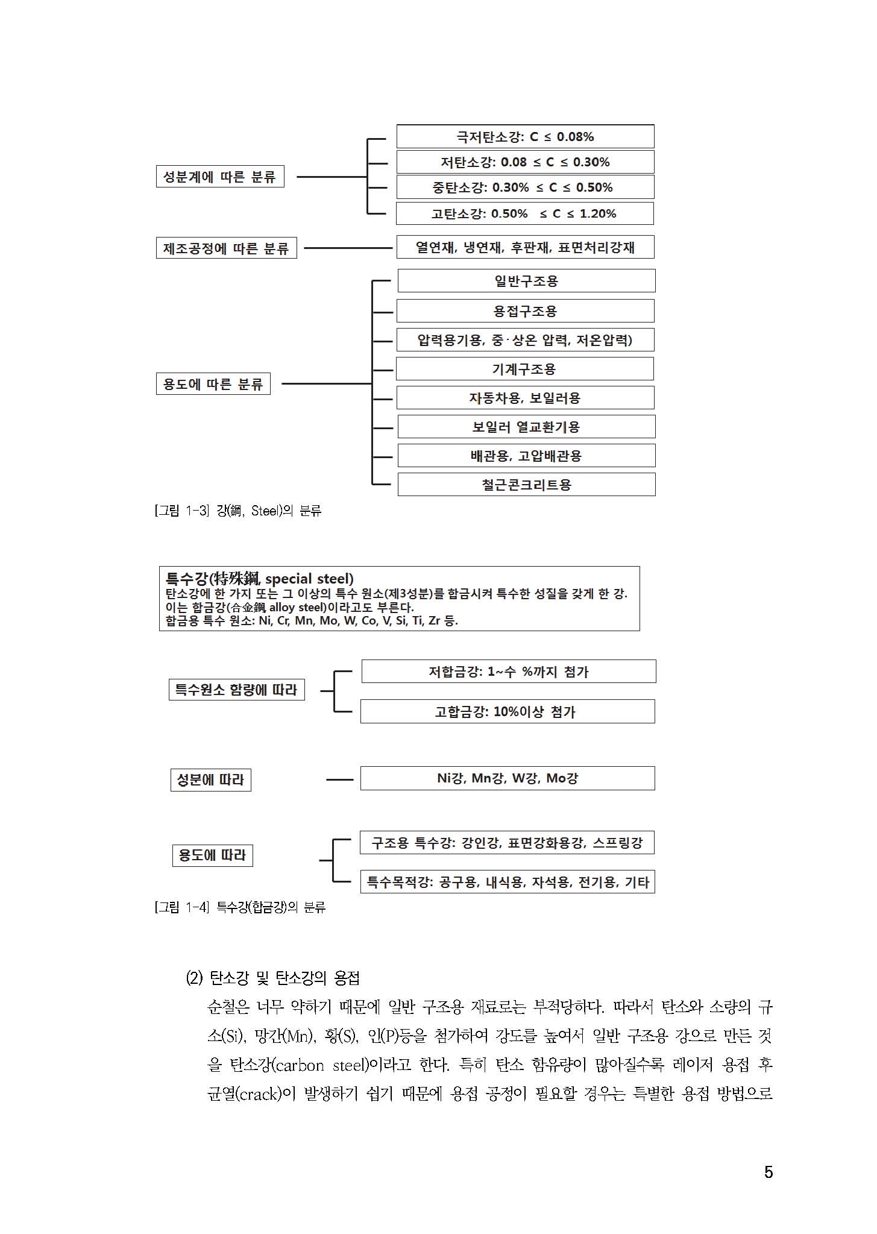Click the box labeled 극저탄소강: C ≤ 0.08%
525,137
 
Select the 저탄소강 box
525,162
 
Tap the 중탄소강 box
525,187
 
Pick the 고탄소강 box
524,213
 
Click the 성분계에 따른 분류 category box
219,177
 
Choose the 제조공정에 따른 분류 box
226,248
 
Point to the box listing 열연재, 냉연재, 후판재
525,247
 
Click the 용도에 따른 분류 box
213,384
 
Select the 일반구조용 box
526,281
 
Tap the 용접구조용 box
525,311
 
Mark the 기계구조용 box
524,369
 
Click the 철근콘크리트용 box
526,485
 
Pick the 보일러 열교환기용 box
526,427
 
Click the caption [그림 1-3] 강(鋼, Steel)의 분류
238,511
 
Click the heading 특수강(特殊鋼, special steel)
260,579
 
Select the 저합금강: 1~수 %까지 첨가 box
508,672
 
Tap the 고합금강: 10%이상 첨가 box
508,711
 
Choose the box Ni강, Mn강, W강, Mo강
508,778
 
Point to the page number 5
768,1172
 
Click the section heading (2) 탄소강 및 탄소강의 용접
272,977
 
